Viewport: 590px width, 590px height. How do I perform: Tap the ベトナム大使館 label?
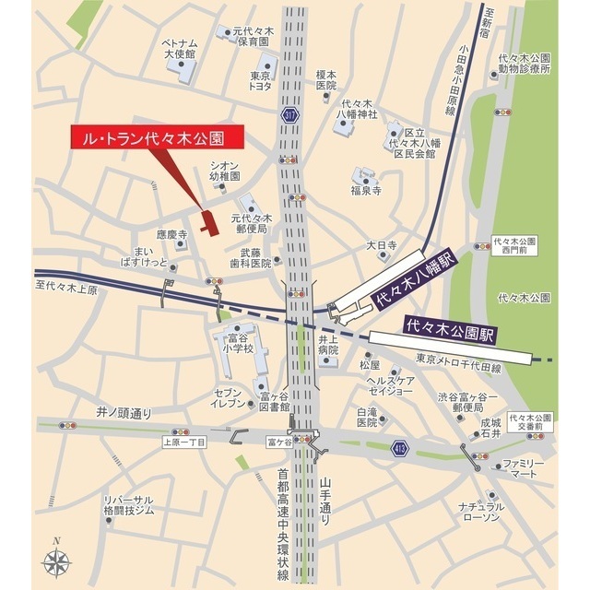180,49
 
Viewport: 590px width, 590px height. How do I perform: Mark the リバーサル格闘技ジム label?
128,505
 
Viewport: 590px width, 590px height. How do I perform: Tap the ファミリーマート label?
524,468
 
